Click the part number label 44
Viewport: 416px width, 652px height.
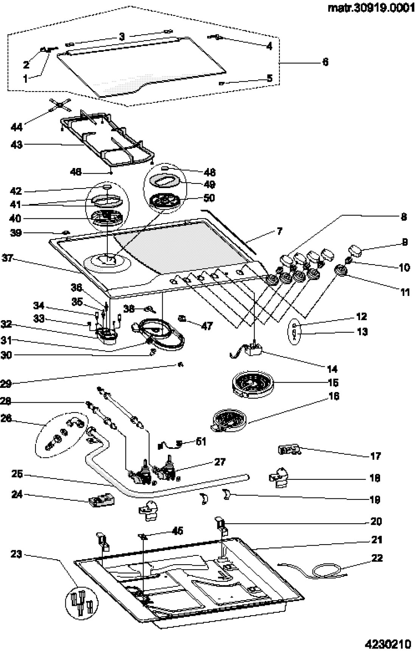17,127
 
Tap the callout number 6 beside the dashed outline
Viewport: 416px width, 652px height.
325,62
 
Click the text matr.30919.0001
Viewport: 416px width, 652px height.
369,8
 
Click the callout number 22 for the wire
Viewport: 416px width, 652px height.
377,558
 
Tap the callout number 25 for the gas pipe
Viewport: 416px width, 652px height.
17,475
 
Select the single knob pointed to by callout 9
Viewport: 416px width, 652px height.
355,250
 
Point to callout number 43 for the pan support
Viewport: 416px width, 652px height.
17,145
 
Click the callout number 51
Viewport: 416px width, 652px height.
201,442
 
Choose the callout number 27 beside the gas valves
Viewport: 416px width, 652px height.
220,462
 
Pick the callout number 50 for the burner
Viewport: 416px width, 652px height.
209,198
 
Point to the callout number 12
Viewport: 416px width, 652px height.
361,316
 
